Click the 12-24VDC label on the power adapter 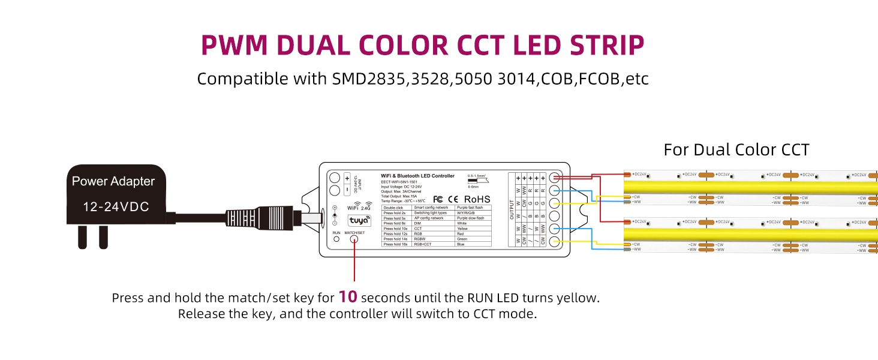116,207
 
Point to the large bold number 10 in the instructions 348,297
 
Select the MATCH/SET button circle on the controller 354,239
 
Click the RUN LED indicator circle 336,239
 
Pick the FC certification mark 438,199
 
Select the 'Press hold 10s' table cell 396,229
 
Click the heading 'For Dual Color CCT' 736,149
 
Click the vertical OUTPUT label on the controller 512,209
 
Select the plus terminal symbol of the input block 347,178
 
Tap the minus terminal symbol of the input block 347,190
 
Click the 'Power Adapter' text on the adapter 113,181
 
